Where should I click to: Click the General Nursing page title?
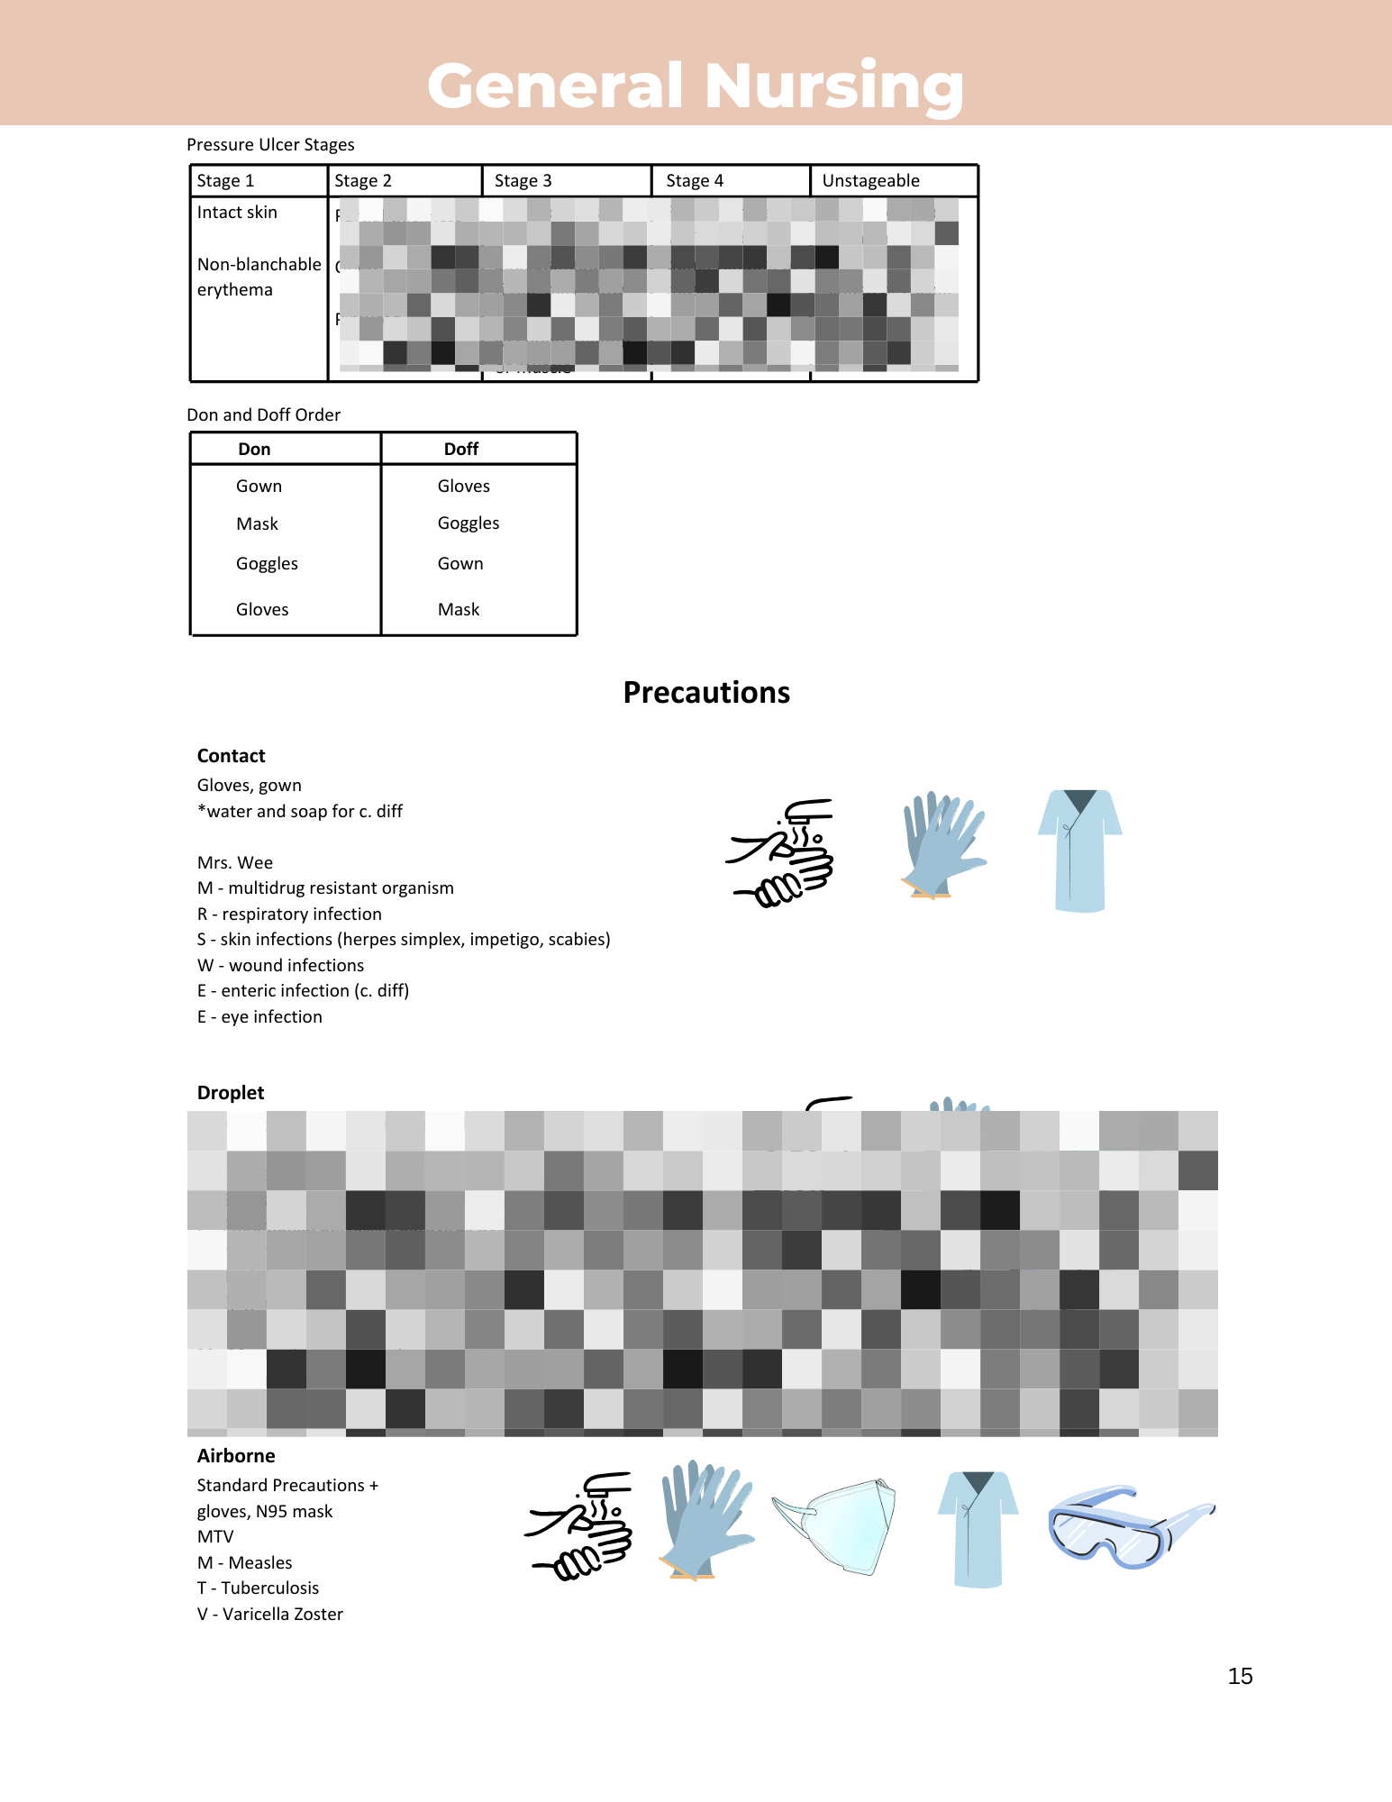click(x=696, y=86)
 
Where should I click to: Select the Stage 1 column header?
click(x=226, y=180)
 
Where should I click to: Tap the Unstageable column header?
click(x=870, y=180)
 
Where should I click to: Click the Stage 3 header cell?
click(x=523, y=180)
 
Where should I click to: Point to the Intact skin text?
click(x=237, y=212)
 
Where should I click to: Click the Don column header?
click(x=254, y=449)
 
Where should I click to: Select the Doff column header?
click(x=461, y=449)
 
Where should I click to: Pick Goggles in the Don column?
click(x=267, y=563)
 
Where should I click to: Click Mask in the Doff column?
click(x=459, y=609)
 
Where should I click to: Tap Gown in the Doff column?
click(x=460, y=563)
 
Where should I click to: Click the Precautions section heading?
click(x=706, y=692)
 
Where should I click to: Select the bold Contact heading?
click(x=232, y=756)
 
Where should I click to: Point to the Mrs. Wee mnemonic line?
click(x=235, y=862)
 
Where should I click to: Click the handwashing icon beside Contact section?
click(x=781, y=852)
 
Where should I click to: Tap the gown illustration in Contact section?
click(x=1079, y=851)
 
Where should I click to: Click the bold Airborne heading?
click(x=236, y=1456)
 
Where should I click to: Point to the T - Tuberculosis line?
click(x=258, y=1588)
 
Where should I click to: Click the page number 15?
click(x=1240, y=1676)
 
